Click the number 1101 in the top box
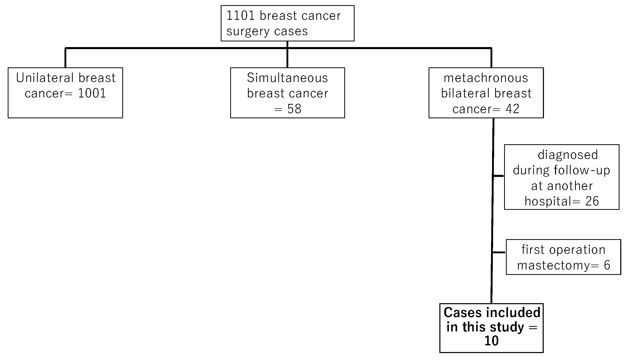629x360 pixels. coord(240,16)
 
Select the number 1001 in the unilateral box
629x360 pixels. coord(92,93)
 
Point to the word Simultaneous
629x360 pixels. coord(287,78)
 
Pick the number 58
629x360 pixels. coord(294,109)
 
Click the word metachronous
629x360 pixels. coord(486,78)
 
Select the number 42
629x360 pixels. coord(512,109)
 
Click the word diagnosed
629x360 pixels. coord(568,155)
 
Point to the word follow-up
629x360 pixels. coord(582,170)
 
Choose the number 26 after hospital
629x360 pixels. coord(592,201)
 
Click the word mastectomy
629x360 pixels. coord(553,265)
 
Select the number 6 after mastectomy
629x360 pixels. coord(607,265)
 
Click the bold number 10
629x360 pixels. coord(491,341)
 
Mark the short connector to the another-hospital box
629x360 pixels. coord(498,176)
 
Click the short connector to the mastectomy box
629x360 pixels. coord(499,253)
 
